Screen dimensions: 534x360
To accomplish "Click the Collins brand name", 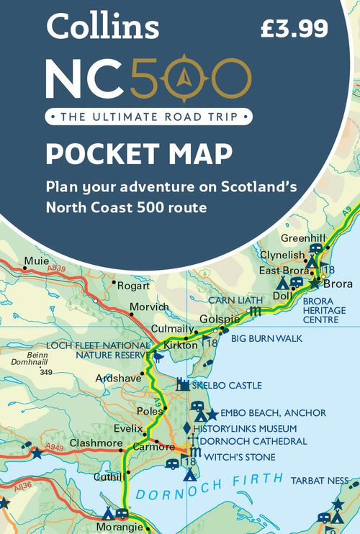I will (x=102, y=27).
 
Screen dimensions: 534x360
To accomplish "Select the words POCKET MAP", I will (x=139, y=155).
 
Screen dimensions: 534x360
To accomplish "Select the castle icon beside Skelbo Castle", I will (x=183, y=385).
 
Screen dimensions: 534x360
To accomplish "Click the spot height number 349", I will (x=47, y=372).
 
